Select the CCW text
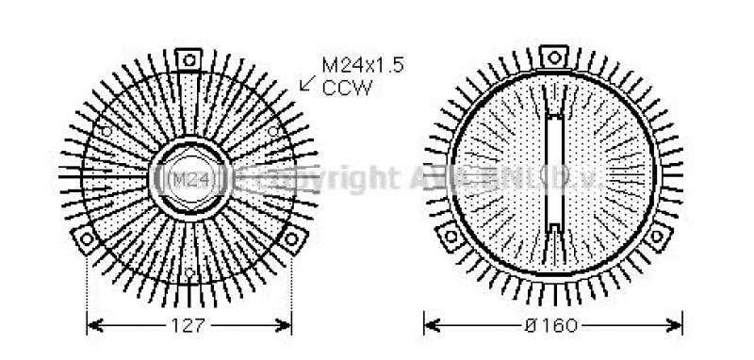(347, 89)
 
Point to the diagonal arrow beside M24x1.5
(307, 83)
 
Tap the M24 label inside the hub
(189, 178)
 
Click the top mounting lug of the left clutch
(189, 59)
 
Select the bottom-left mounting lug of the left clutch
(87, 237)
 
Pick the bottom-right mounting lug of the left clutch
(291, 237)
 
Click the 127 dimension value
(189, 326)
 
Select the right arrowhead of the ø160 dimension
(676, 326)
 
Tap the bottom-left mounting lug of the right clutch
(451, 236)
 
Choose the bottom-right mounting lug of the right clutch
(657, 236)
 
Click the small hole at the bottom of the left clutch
(189, 273)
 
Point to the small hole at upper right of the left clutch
(273, 130)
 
